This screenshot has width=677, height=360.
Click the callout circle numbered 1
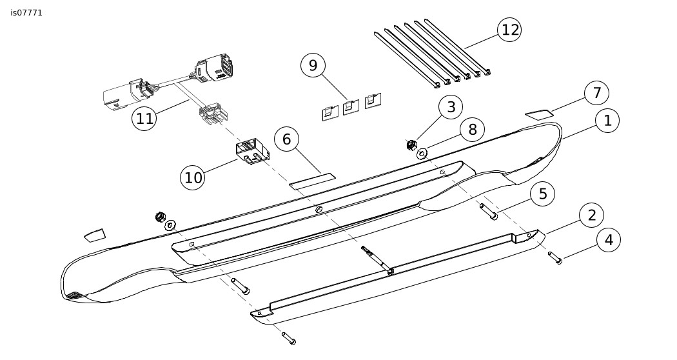coord(607,121)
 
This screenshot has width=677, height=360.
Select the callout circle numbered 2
coord(591,215)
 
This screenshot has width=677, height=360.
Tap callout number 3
coord(451,107)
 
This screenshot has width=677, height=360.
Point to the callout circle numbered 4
coord(608,240)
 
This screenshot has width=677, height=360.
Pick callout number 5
coord(543,194)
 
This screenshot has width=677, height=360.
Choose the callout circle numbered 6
coord(287,139)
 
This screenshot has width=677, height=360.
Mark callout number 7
coord(596,93)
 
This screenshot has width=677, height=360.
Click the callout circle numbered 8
coord(472,130)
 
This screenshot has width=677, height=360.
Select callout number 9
coord(313,65)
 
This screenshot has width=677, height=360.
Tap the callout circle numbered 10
coord(193,177)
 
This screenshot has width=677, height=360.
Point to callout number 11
coord(145,119)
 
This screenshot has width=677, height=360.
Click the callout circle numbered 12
coord(509,30)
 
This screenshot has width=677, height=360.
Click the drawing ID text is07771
coord(26,13)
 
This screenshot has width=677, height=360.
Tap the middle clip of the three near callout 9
coord(351,107)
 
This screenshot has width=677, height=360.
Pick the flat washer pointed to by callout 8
coord(422,154)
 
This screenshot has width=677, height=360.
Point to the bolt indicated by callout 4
coord(554,257)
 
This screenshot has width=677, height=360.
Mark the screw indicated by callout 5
coord(488,211)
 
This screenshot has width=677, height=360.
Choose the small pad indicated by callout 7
coord(539,114)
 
